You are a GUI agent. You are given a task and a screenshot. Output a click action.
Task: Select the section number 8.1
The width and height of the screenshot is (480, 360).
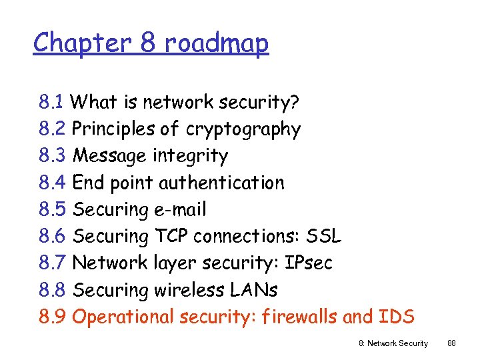pos(51,103)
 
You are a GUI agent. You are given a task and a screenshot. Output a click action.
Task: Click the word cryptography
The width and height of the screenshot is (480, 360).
pos(243,129)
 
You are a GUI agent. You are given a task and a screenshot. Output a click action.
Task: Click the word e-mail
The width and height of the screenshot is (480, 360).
pos(180,210)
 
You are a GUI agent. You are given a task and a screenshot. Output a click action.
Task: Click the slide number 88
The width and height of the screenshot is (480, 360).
pos(451,343)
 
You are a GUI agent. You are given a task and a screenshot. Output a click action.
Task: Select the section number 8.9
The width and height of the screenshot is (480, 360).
pos(52,317)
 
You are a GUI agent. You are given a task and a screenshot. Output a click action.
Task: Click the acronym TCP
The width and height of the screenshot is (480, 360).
pos(171,237)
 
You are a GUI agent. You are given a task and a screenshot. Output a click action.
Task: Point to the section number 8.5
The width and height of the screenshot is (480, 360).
pos(52,210)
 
